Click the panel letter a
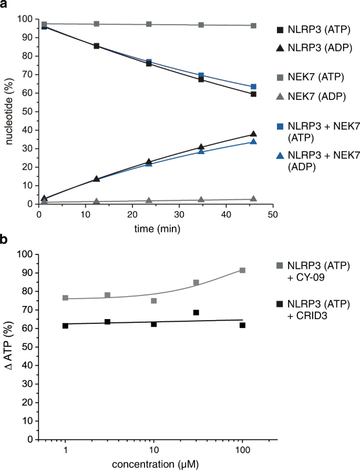5,6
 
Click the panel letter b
5,241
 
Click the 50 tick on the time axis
272,214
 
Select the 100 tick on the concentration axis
242,449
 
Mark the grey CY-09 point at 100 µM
242,270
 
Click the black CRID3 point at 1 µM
65,326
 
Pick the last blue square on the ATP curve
253,87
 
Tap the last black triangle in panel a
253,134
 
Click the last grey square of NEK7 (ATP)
253,26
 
